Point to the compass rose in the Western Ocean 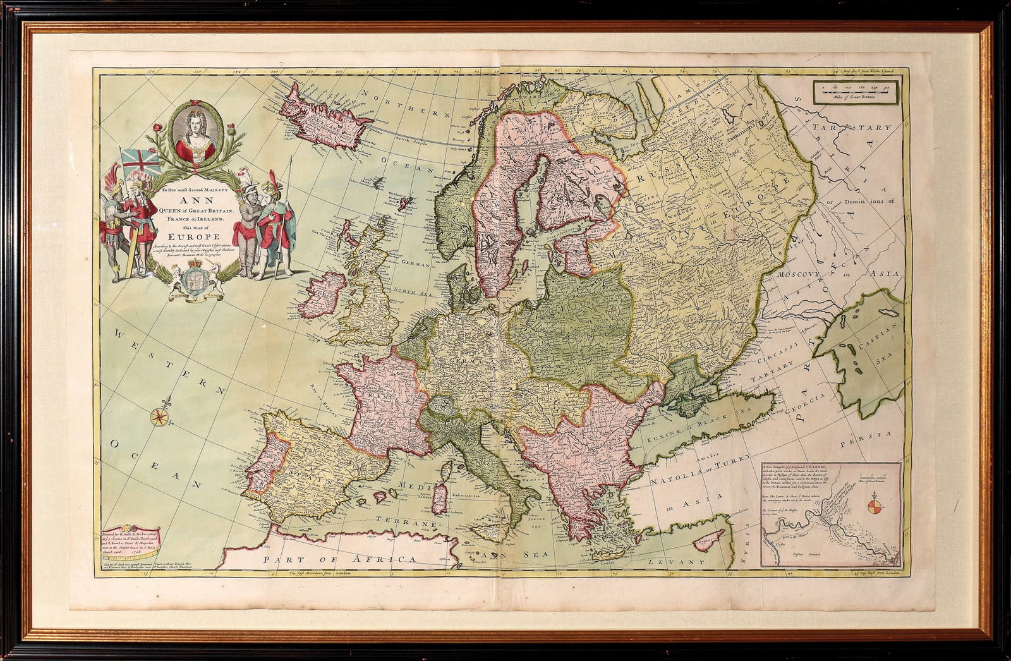[x=159, y=415]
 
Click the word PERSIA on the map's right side [x=875, y=435]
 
